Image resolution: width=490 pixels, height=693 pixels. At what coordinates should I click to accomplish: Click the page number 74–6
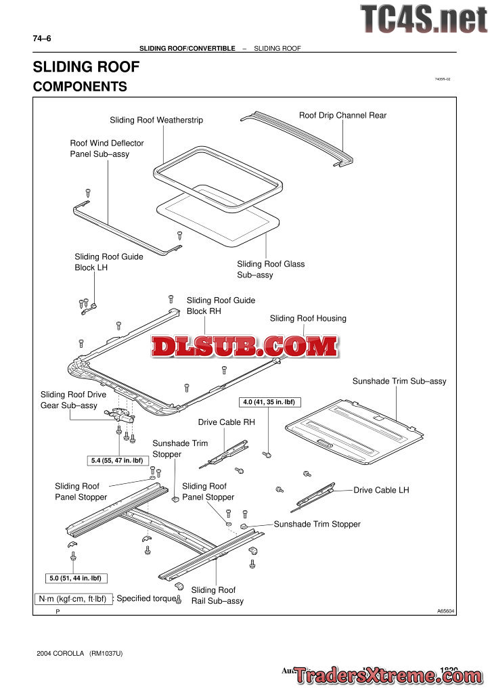42,39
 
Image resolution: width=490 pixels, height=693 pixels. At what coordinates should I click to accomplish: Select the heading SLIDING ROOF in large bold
86,67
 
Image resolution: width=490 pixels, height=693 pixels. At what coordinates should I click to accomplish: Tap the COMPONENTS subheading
80,87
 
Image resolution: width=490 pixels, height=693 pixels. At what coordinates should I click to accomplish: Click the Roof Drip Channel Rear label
342,116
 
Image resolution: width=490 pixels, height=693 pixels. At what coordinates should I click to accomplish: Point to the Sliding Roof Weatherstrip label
156,120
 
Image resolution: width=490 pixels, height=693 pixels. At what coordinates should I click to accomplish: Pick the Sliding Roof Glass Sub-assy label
271,269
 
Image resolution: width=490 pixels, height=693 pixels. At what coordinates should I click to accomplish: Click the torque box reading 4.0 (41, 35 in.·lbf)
270,402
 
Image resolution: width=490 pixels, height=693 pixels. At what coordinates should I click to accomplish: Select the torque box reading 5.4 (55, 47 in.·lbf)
117,461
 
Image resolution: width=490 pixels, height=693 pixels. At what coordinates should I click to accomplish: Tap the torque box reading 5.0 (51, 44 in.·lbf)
79,578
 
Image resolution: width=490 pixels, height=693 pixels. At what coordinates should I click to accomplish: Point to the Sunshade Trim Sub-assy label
399,382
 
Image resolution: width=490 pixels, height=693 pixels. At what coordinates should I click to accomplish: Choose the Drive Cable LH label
381,490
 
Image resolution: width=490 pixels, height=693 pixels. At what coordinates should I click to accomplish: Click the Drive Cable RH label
226,422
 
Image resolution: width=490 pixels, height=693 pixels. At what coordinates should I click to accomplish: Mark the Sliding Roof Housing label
308,319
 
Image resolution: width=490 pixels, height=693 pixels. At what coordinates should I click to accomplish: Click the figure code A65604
446,610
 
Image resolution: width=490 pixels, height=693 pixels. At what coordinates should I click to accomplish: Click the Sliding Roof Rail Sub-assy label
217,596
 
